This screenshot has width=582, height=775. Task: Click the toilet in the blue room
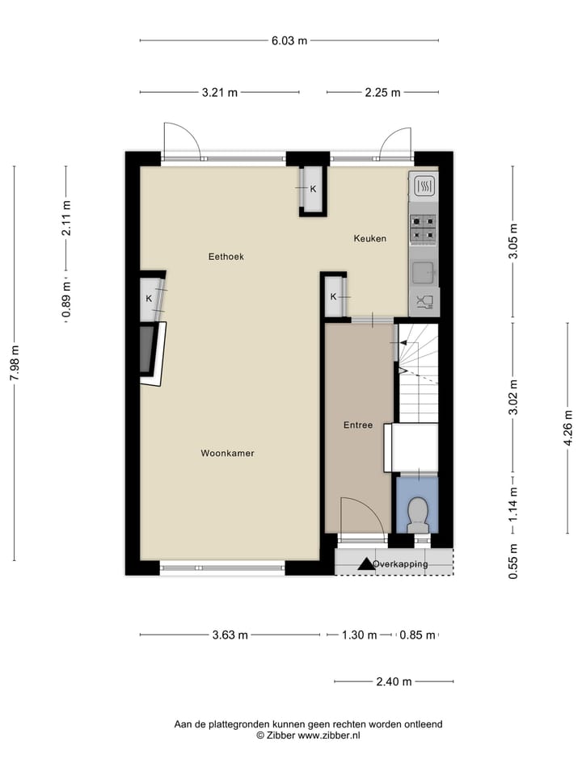point(418,514)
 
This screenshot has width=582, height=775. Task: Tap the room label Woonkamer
point(227,454)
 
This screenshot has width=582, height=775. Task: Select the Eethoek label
point(226,257)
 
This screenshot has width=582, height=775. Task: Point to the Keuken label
point(369,238)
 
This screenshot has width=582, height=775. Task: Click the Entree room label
point(357,425)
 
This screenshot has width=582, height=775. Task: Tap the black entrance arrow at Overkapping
point(366,563)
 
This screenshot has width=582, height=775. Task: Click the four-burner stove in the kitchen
point(423,228)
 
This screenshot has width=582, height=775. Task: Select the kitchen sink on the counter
point(423,273)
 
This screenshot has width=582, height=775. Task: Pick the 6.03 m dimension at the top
point(289,40)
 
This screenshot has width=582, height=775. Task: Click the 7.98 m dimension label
point(15,364)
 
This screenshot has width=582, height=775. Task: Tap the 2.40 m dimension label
point(394,681)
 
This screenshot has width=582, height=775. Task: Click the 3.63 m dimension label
point(230,635)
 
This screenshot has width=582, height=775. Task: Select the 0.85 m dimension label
point(417,635)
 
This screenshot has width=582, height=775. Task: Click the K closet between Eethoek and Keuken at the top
point(313,190)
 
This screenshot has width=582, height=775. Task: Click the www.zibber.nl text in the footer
point(329,735)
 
